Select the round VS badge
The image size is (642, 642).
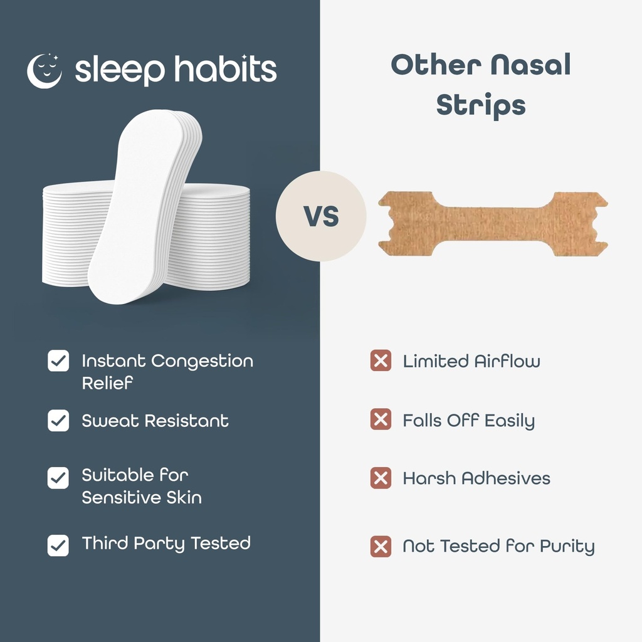pyautogui.click(x=321, y=216)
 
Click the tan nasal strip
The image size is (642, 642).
pyautogui.click(x=493, y=224)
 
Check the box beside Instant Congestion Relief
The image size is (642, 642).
pyautogui.click(x=58, y=361)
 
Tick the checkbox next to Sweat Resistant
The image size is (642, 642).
pyautogui.click(x=58, y=421)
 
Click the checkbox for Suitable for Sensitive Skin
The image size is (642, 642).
pyautogui.click(x=58, y=478)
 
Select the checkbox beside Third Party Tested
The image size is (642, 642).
pyautogui.click(x=58, y=545)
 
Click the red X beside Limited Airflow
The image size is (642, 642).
pyautogui.click(x=381, y=361)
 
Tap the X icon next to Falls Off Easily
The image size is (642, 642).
pyautogui.click(x=381, y=419)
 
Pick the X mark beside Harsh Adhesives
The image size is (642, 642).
pyautogui.click(x=381, y=478)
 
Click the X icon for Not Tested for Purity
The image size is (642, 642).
pyautogui.click(x=381, y=546)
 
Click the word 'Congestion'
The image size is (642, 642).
pyautogui.click(x=202, y=362)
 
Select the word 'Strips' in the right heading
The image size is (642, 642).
pyautogui.click(x=481, y=105)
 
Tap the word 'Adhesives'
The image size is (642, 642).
pyautogui.click(x=505, y=478)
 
